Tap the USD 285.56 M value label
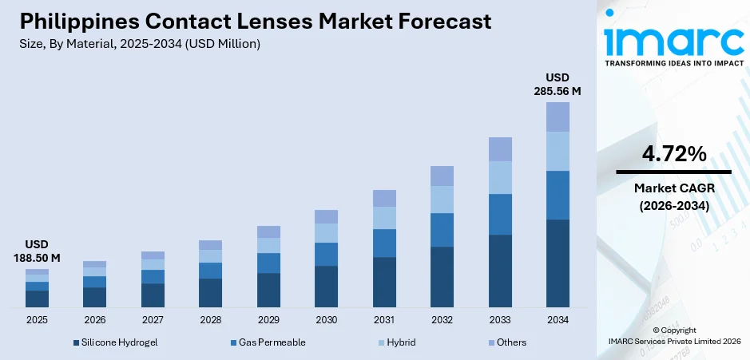coord(557,85)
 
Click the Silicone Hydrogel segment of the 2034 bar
coord(558,263)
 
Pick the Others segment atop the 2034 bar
coord(558,117)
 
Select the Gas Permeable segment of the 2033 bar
coord(500,214)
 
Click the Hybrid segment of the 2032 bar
coord(442,200)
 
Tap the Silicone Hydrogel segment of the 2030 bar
coord(326,287)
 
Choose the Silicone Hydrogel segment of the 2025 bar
coord(37,299)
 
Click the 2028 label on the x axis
coord(210,320)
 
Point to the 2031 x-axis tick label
coord(384,320)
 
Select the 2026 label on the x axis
coord(94,320)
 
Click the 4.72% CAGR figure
coord(673,154)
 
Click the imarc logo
coord(673,40)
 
